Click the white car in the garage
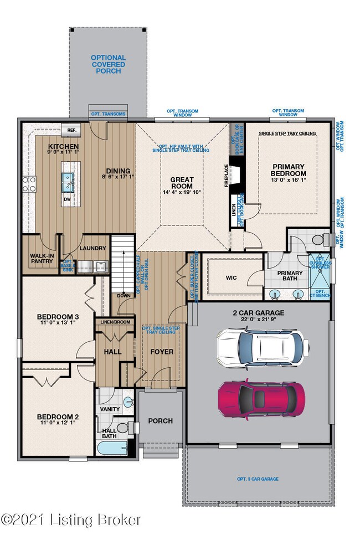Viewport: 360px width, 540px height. pos(261,347)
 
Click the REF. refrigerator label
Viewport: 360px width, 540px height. pos(71,130)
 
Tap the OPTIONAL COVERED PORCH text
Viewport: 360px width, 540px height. pos(108,64)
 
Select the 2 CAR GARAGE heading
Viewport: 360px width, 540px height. pos(259,312)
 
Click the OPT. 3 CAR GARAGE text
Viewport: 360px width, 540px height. pos(258,479)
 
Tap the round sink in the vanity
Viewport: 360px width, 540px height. pos(128,402)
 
